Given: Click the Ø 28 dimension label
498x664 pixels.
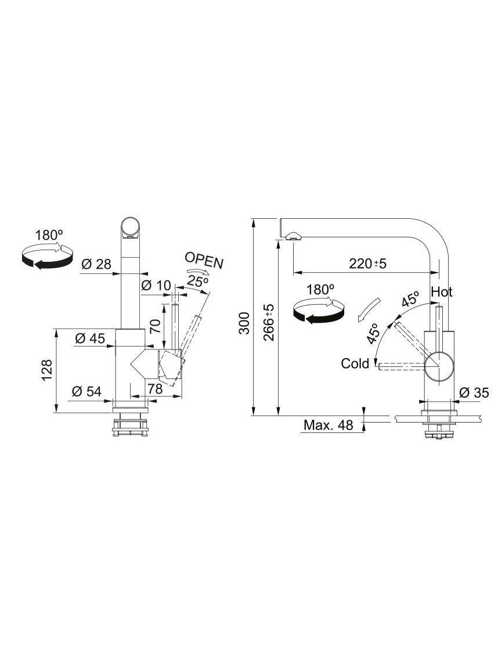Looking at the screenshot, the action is [96, 264].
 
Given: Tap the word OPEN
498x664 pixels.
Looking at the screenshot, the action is [204, 261].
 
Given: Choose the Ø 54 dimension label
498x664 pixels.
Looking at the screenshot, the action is [86, 391].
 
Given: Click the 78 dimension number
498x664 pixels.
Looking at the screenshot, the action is [155, 389].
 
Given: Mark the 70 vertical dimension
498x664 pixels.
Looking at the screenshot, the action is [156, 325].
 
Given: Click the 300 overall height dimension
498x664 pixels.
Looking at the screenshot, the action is [244, 323].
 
